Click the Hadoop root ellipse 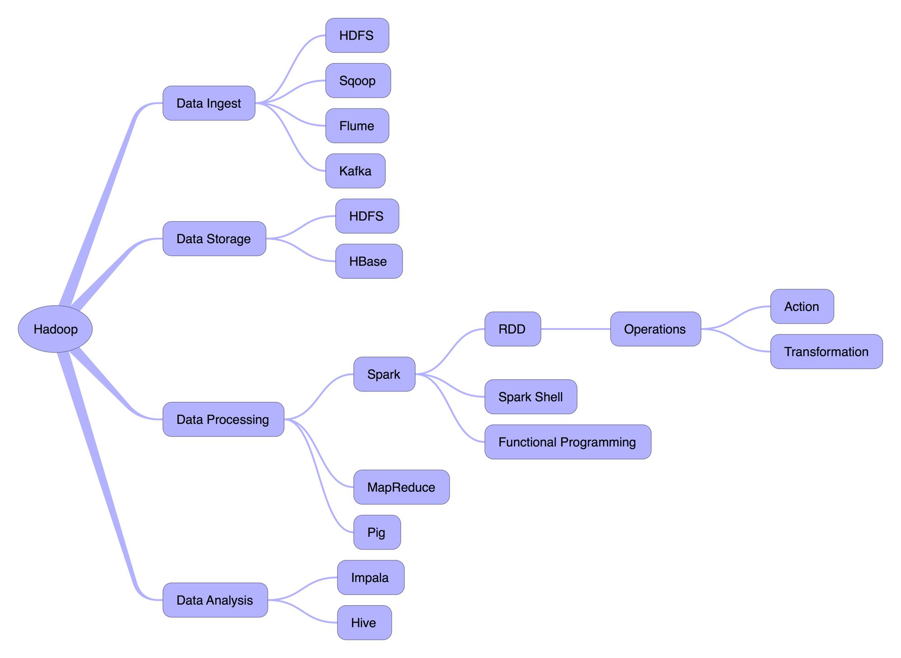(x=55, y=329)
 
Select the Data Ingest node (x=209, y=103)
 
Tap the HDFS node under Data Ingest (x=357, y=35)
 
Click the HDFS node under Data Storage (x=367, y=216)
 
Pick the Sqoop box (x=358, y=80)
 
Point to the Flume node (x=357, y=126)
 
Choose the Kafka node (x=356, y=171)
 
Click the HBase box (x=369, y=261)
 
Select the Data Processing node (x=223, y=419)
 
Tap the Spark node (x=384, y=374)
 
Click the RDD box (x=512, y=329)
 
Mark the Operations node (x=655, y=329)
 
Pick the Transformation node (x=826, y=352)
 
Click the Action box (x=802, y=306)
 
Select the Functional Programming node (x=568, y=442)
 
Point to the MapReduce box (x=401, y=487)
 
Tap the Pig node (x=377, y=532)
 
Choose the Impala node (x=370, y=578)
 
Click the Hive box (x=364, y=623)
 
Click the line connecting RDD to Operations (x=575, y=329)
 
